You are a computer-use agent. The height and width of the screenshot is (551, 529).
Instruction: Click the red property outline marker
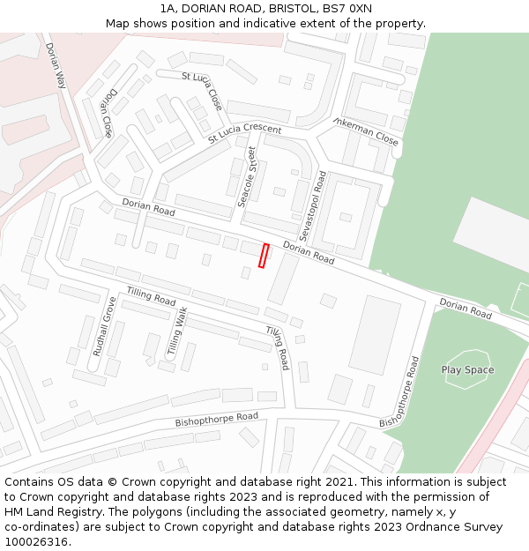(263, 256)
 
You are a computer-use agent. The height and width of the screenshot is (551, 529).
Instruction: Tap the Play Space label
(467, 370)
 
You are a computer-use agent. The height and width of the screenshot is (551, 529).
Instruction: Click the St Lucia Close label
(202, 90)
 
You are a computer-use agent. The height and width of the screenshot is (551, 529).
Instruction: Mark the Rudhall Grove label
(104, 326)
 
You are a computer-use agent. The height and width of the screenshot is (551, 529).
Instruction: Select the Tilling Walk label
(177, 331)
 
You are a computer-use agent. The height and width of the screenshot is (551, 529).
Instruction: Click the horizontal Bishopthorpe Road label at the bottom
(216, 420)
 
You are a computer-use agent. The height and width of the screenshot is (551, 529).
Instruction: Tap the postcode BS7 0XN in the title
(349, 9)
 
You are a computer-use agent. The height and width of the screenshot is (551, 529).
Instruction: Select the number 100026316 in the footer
(37, 541)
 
